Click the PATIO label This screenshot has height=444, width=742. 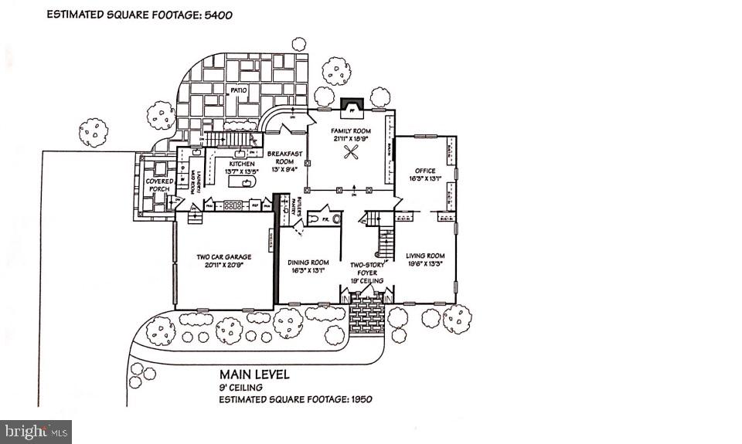pyautogui.click(x=237, y=90)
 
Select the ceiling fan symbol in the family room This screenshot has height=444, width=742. pyautogui.click(x=352, y=153)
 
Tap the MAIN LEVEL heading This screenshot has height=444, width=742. pyautogui.click(x=254, y=375)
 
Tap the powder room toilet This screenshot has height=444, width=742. pyautogui.click(x=336, y=219)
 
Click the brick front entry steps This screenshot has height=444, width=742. pyautogui.click(x=367, y=314)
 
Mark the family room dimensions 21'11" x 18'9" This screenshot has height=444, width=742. pyautogui.click(x=351, y=137)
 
